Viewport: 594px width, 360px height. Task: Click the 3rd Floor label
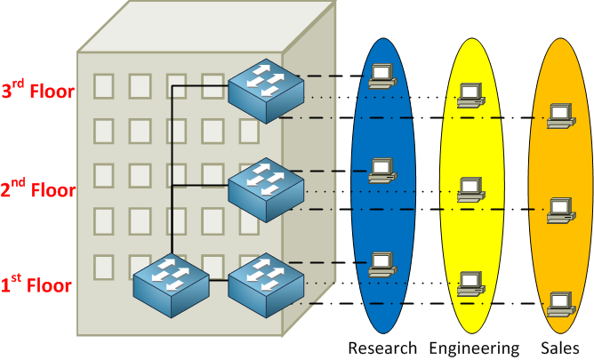click(x=37, y=92)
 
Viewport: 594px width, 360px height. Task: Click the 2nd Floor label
click(x=37, y=188)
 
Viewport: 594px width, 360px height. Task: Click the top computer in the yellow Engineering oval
click(x=470, y=94)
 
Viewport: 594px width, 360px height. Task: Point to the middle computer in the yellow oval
click(x=470, y=189)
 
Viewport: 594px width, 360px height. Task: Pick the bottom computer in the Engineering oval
click(x=470, y=283)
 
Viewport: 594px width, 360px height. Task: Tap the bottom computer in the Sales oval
click(x=559, y=303)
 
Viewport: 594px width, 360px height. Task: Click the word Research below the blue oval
click(x=382, y=348)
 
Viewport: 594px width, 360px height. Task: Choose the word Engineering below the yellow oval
click(x=473, y=348)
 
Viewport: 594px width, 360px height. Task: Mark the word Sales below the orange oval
click(x=560, y=348)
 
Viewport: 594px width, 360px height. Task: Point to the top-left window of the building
click(x=104, y=85)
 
